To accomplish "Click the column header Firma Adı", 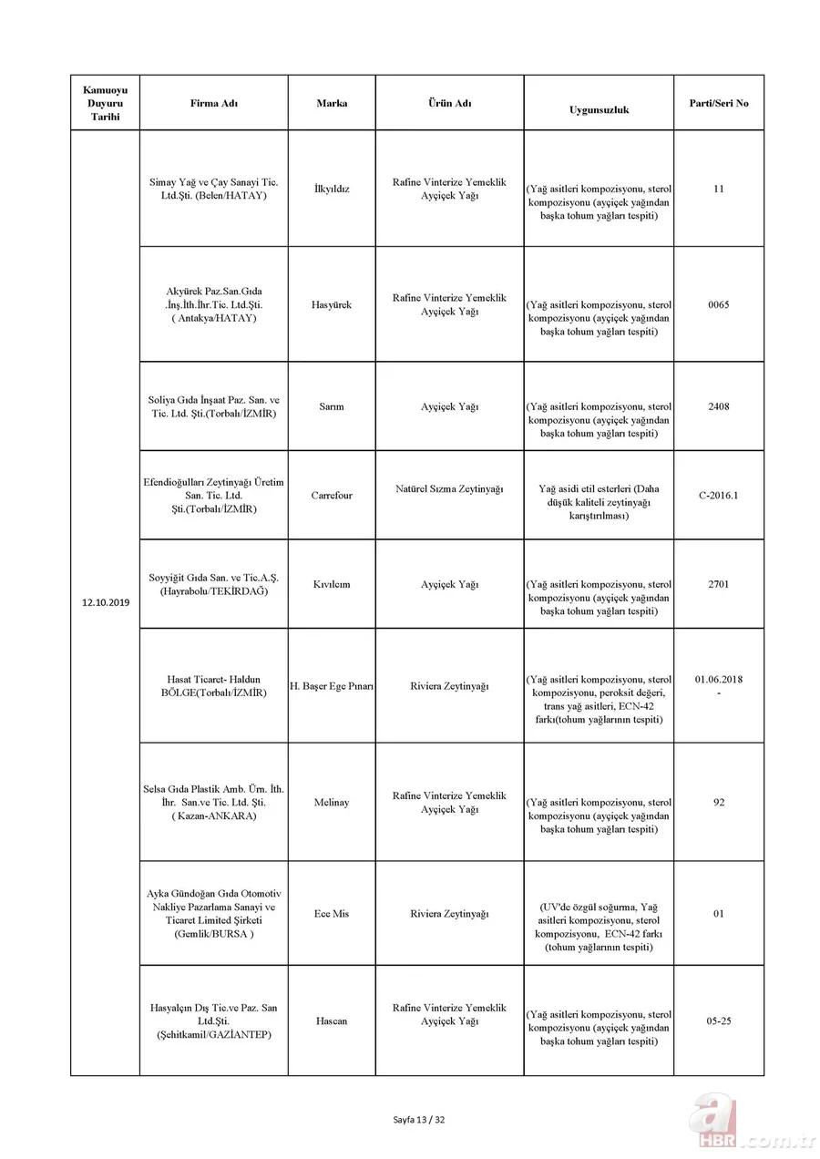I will pos(213,104).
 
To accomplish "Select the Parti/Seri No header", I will pos(718,103).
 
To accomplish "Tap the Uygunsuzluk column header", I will pos(599,109).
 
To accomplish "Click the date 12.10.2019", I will pos(105,602).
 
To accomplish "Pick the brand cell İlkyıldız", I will pos(332,190).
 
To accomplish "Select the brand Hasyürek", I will pos(332,305).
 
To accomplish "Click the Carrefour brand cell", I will pos(332,496).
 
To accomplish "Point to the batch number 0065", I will pos(718,305).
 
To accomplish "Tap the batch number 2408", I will pos(718,407).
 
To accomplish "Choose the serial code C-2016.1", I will pos(718,496).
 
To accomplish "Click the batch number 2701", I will pos(718,584).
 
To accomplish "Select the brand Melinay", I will pos(332,803).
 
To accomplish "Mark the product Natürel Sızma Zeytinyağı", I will pos(449,489).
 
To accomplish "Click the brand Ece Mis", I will pos(332,914).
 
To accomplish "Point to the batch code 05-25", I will pos(718,1021).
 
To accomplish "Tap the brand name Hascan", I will pos(332,1021).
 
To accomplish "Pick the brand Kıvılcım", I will pos(332,584).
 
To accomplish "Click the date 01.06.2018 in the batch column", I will pos(718,679).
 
